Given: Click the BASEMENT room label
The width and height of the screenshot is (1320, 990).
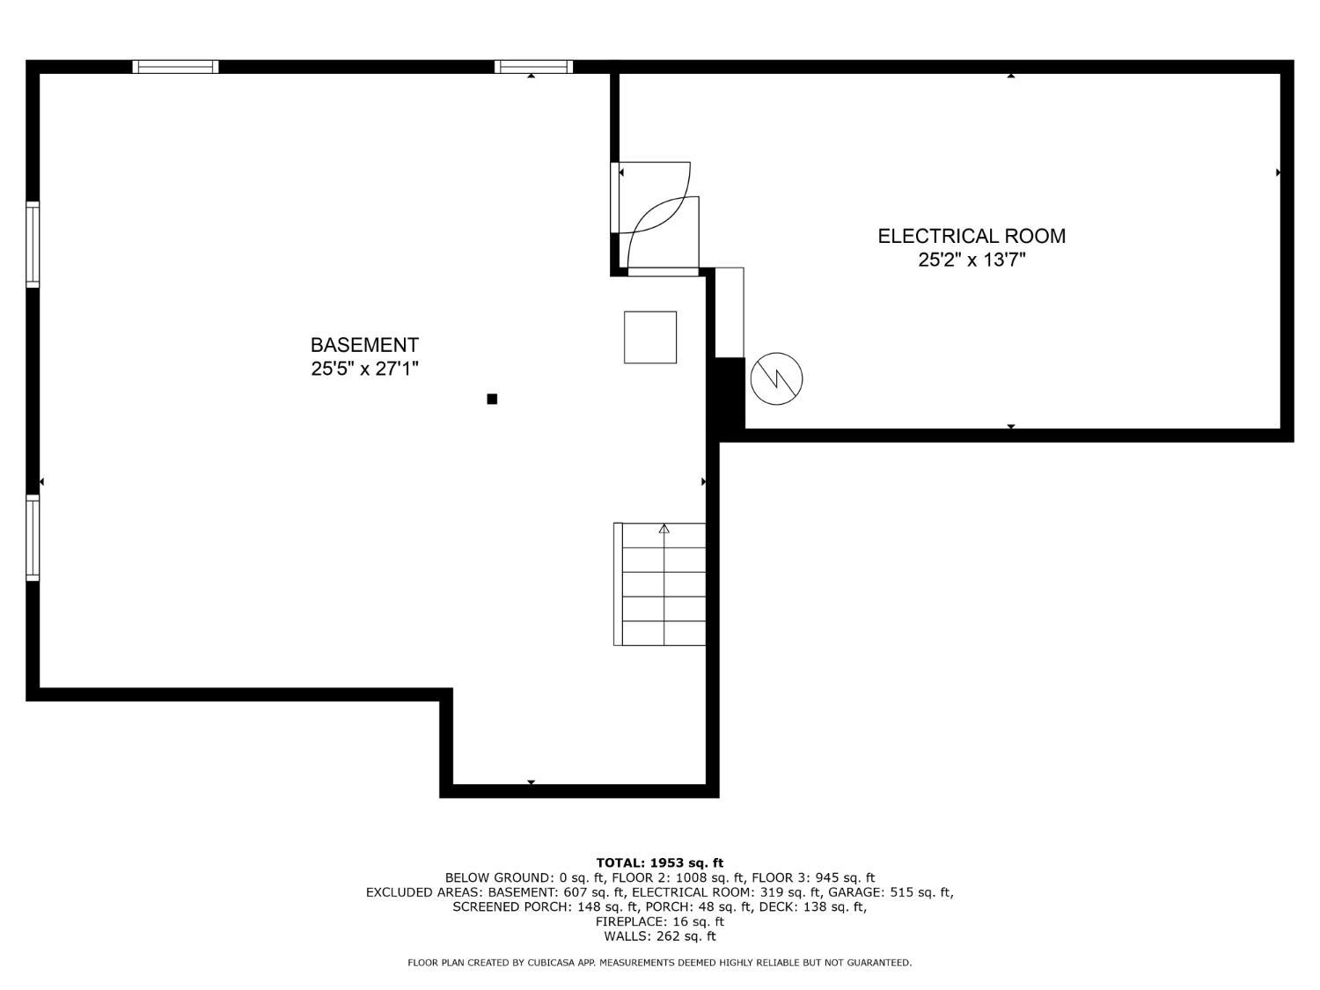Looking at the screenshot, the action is (x=364, y=345).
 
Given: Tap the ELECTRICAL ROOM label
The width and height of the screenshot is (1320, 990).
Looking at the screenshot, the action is (x=972, y=236).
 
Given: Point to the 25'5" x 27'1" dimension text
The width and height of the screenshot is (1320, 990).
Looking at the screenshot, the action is (x=364, y=369).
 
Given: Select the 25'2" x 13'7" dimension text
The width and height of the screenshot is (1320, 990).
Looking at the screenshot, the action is (x=972, y=260).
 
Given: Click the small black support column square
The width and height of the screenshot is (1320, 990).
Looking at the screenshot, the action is (x=492, y=399).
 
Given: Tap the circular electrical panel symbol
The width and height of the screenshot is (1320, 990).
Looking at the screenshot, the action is (x=776, y=378).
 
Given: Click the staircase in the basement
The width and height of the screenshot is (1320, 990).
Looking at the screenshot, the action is (x=660, y=584).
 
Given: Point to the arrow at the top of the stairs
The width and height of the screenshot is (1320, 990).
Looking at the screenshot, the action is (x=664, y=529).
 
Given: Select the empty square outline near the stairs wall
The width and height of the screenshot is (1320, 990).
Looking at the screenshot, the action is (x=650, y=337).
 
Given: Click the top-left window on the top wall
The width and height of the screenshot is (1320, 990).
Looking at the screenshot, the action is (x=176, y=67).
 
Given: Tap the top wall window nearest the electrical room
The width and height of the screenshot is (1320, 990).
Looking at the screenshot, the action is (x=534, y=67).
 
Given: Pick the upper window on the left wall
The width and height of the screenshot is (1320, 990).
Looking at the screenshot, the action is (x=33, y=244).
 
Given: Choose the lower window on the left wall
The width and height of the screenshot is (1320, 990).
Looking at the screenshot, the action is (x=33, y=538).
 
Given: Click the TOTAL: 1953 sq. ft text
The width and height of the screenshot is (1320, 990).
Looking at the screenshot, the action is (x=660, y=863).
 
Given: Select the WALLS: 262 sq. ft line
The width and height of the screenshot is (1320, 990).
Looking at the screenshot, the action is (x=660, y=936).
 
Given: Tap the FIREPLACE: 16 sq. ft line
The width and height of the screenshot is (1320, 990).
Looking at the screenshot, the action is (x=660, y=921).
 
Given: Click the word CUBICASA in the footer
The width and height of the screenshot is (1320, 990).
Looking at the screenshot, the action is (x=548, y=963).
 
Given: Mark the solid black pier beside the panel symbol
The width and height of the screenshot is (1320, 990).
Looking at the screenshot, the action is (x=730, y=393).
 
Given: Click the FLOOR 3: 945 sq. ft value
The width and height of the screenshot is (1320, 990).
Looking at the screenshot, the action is (x=813, y=877).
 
